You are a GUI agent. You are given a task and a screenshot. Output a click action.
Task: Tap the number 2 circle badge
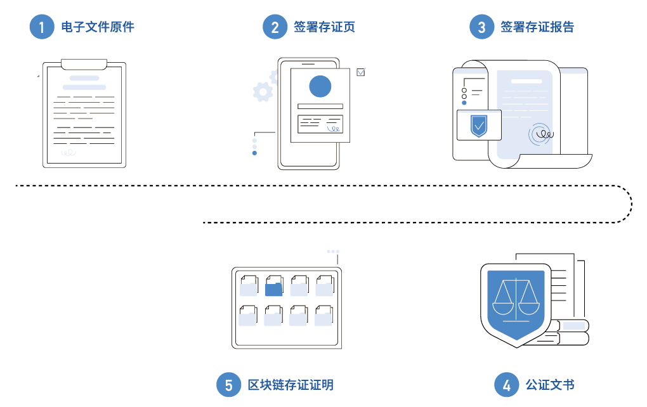coord(275,27)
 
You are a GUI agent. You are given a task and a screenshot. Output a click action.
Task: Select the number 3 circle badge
coord(482,27)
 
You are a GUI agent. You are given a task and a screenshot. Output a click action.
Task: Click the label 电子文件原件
coord(98,27)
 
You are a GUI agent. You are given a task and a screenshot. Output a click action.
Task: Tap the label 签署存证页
coord(324,27)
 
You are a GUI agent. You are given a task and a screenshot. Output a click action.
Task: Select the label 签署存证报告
coord(537,27)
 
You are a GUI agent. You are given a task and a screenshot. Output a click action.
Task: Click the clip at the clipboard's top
coord(84,64)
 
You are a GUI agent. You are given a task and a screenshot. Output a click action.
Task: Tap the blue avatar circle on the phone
coord(320,87)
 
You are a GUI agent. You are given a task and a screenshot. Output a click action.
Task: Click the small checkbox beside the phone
coord(361,72)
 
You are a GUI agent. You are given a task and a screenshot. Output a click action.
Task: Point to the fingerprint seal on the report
coord(542,134)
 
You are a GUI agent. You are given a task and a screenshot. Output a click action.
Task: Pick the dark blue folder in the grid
coord(273,287)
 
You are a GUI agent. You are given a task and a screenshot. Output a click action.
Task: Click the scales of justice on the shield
coord(516,298)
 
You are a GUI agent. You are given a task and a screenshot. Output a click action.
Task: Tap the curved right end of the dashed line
coord(631,203)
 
